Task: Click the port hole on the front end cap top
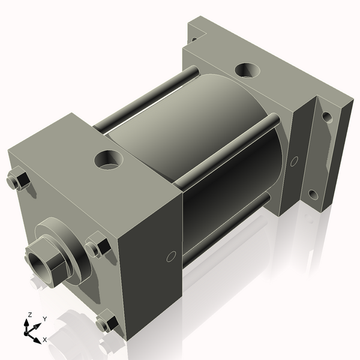(109, 160)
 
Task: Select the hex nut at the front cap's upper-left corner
(18, 181)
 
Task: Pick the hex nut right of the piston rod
(97, 247)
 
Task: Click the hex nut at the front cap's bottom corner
(107, 323)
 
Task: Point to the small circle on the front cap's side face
(171, 257)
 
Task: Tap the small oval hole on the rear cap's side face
(294, 161)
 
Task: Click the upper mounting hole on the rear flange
(327, 116)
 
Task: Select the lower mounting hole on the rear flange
(313, 195)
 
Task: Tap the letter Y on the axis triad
(44, 319)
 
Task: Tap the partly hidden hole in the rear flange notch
(193, 40)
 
